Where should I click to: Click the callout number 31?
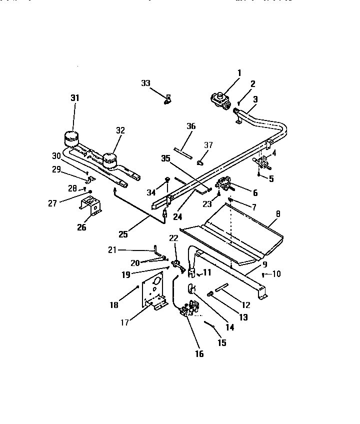click(x=74, y=98)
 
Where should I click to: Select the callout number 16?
click(x=199, y=354)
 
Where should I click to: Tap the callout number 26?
click(x=81, y=227)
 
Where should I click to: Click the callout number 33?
click(x=145, y=83)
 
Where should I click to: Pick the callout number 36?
click(x=191, y=126)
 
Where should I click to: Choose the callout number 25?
click(x=122, y=233)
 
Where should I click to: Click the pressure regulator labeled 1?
click(x=221, y=97)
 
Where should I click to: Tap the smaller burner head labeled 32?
click(x=109, y=160)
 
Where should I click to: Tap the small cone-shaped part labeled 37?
click(x=200, y=162)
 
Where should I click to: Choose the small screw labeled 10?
click(x=263, y=275)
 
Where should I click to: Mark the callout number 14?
click(x=229, y=328)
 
